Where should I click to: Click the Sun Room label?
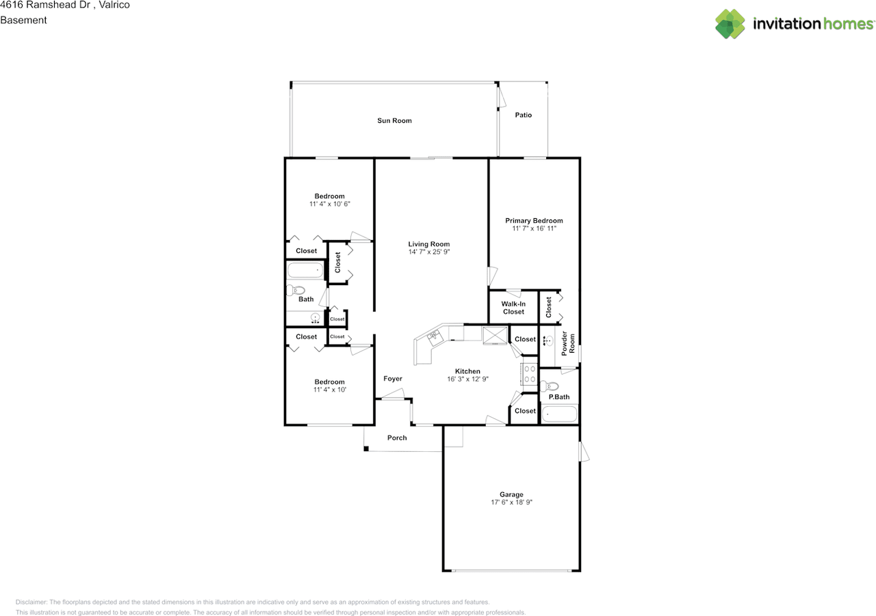[x=394, y=121]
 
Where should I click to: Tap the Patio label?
[x=524, y=115]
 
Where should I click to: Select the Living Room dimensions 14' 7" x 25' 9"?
[x=429, y=252]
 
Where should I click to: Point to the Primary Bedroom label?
[x=534, y=221]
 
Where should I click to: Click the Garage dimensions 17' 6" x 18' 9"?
[x=511, y=503]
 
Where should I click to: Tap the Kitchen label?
[x=467, y=371]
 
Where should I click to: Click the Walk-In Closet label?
[x=513, y=308]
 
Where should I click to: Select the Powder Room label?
[x=568, y=344]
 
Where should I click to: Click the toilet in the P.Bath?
[x=550, y=386]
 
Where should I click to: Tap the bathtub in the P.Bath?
[x=559, y=414]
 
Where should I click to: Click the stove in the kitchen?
[x=530, y=374]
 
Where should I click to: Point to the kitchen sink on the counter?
[x=435, y=338]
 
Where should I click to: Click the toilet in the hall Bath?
[x=296, y=291]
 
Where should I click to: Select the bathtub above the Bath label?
[x=305, y=270]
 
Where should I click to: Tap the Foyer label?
[x=393, y=379]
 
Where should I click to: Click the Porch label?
[x=397, y=438]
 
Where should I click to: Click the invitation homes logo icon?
[x=730, y=24]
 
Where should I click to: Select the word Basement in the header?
[x=23, y=20]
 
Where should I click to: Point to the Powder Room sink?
[x=548, y=341]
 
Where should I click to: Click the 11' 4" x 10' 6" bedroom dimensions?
[x=330, y=204]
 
